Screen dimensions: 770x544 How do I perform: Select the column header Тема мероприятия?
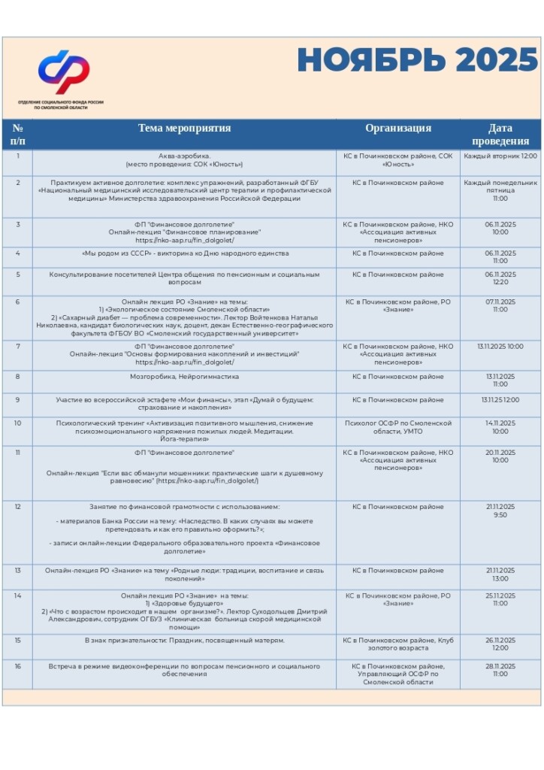tap(184, 129)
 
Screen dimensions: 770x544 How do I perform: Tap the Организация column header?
tap(398, 129)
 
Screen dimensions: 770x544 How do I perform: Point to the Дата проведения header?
tap(500, 135)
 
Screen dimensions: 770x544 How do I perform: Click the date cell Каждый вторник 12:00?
tap(500, 156)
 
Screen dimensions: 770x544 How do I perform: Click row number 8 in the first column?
tap(17, 376)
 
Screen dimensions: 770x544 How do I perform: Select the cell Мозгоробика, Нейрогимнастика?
tap(184, 376)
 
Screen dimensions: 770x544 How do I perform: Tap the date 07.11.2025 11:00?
tap(500, 306)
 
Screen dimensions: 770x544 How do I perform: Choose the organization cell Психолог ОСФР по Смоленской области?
tap(398, 427)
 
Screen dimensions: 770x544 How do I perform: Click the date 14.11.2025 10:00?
tap(500, 427)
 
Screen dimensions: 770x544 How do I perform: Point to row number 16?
tap(17, 666)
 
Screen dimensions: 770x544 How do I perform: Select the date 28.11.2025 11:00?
tap(500, 670)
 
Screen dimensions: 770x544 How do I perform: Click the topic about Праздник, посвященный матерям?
tap(184, 641)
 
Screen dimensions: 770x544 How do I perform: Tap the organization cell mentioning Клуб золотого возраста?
tap(398, 644)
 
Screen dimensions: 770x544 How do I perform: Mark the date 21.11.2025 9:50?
tap(500, 511)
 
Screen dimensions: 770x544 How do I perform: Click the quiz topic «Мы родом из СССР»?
tap(184, 253)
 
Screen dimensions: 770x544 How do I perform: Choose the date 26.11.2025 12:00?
tap(500, 644)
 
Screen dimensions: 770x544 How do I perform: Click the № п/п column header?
tap(17, 135)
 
